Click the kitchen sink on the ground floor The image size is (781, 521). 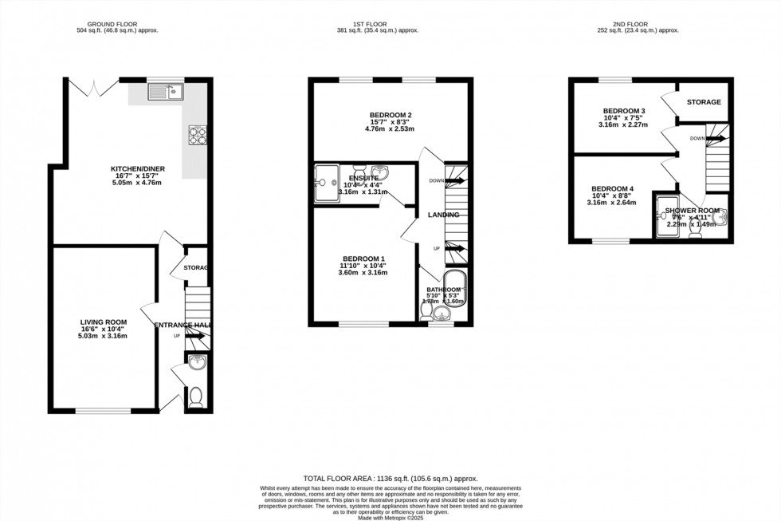pos(166,92)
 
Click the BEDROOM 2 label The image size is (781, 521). pos(390,115)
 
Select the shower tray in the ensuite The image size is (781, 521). pos(327,185)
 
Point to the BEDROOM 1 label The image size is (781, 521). pos(363,259)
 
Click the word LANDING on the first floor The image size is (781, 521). pos(443,215)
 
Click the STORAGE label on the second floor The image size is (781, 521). pos(704,102)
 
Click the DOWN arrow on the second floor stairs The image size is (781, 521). pos(715,138)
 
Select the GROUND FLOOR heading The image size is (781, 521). pos(123,24)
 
